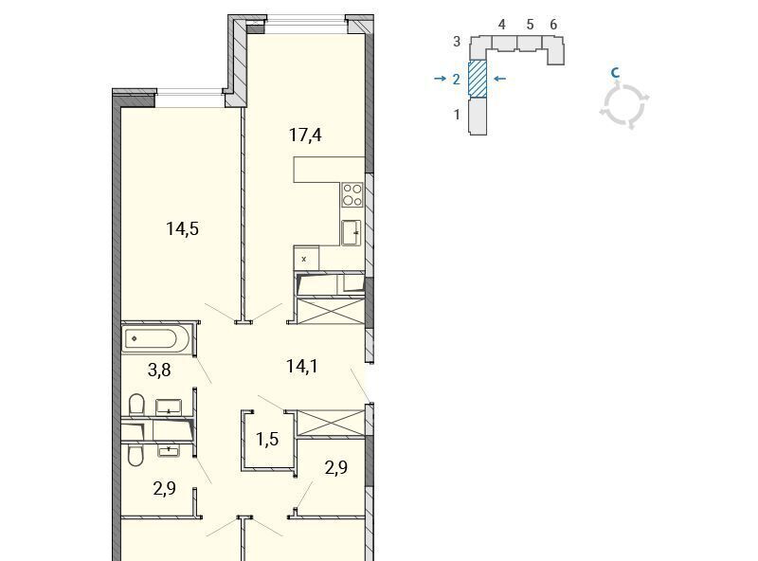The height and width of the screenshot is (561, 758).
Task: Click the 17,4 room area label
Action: tap(305, 135)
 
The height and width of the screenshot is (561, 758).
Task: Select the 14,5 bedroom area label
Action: tap(182, 228)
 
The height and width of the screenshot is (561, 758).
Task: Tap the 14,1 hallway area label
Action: tap(302, 366)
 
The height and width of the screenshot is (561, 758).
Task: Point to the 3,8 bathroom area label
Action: tap(159, 370)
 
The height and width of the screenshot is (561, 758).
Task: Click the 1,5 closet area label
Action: tap(267, 439)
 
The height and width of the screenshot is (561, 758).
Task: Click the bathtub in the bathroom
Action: tap(155, 339)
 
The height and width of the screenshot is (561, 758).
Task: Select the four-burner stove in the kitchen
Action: tap(352, 195)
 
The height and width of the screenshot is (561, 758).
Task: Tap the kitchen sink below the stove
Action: tap(352, 232)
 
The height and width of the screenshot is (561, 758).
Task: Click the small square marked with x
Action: tap(306, 259)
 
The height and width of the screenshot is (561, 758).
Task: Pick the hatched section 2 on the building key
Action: tap(478, 78)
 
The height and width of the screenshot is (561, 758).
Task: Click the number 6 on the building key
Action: tap(553, 25)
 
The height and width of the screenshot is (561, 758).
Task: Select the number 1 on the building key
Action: tap(457, 115)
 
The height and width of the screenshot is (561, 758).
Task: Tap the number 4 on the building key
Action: tap(502, 25)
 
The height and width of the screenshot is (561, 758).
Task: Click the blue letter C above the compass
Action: tap(615, 73)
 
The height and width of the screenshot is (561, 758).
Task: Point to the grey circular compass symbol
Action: tap(624, 105)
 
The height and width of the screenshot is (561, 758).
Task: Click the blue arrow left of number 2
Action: tap(440, 79)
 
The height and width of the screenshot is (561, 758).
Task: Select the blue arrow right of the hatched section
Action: tap(500, 79)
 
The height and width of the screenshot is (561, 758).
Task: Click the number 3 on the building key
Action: tap(457, 42)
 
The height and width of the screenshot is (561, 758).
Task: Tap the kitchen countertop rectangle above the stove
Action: tap(329, 170)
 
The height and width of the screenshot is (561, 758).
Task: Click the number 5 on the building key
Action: tap(530, 25)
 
